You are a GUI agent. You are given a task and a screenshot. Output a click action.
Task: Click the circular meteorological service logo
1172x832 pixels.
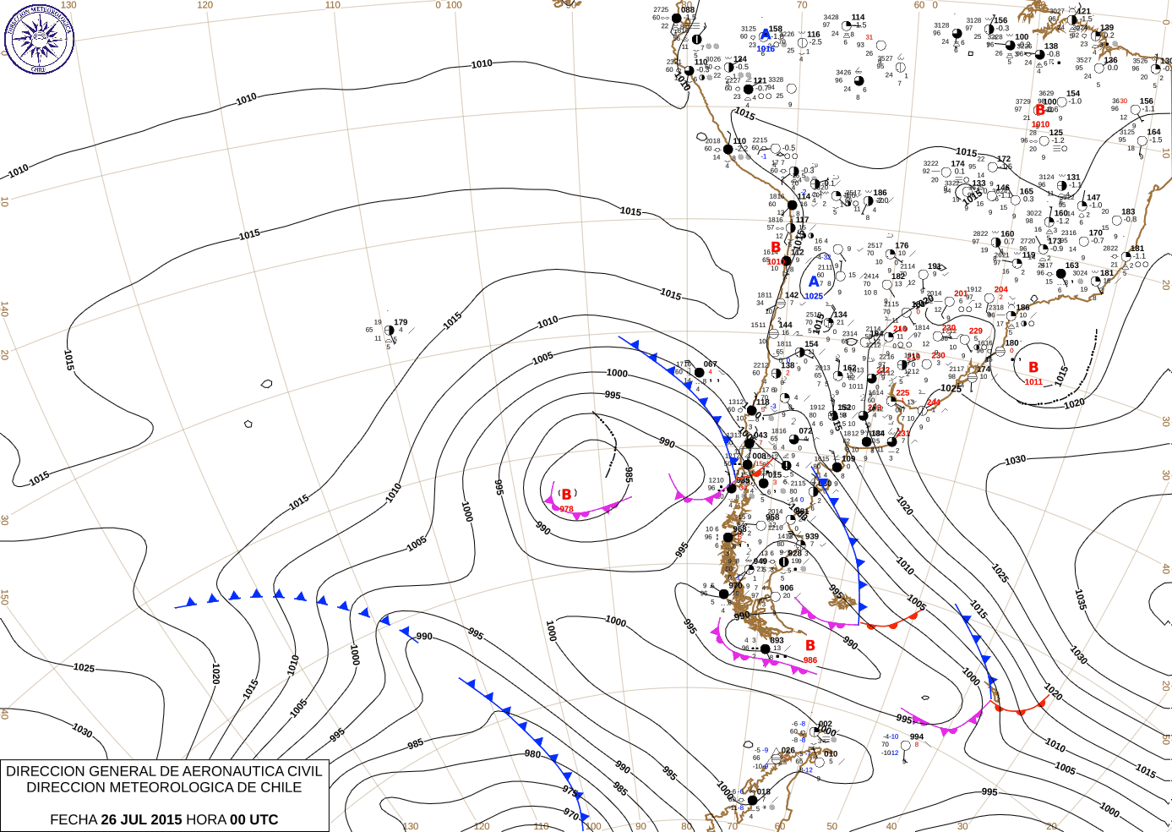point(39,38)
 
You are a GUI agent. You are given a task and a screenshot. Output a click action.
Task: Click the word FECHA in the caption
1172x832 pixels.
point(74,819)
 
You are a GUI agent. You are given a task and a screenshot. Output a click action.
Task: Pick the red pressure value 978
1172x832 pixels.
point(566,509)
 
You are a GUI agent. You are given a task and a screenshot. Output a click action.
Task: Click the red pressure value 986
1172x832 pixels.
point(809,660)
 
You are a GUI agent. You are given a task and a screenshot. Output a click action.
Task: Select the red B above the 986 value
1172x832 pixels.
point(809,646)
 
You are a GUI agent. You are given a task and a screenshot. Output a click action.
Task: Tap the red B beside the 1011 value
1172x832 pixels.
point(1033,367)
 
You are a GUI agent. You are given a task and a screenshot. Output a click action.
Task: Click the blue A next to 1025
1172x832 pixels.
point(814,282)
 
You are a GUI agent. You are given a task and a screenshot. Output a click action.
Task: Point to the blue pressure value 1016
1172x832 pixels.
point(766,49)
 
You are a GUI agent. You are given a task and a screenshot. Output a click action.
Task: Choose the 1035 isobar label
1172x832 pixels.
point(1081,599)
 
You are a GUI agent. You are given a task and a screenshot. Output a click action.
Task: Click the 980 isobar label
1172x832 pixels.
point(532,754)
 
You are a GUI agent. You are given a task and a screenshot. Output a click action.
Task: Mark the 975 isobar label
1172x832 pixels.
point(570,792)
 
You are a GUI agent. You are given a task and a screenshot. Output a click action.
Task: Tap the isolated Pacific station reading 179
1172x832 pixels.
point(401,322)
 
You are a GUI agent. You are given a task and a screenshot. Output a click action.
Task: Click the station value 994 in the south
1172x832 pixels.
point(916,736)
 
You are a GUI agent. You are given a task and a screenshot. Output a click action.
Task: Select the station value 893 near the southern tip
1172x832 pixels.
point(777,640)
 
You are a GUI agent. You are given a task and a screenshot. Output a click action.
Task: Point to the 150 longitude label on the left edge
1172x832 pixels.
point(5,596)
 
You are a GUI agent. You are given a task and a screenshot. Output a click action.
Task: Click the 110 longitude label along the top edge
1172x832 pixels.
point(333,5)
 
